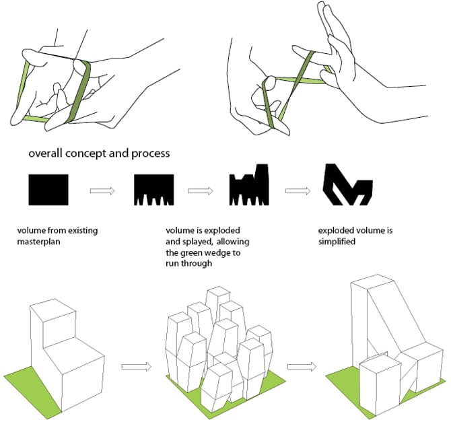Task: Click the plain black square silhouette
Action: (x=48, y=190)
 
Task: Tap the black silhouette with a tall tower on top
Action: (x=249, y=186)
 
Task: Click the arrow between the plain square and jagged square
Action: (x=102, y=190)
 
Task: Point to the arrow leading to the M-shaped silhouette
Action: (x=298, y=190)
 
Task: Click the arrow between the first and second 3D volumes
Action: (x=137, y=367)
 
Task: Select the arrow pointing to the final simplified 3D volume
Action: (x=302, y=367)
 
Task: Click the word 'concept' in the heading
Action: (x=86, y=153)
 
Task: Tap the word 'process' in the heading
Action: (x=150, y=153)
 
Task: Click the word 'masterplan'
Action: (x=38, y=242)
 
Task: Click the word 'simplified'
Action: (x=337, y=242)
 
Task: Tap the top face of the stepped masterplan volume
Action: (x=53, y=310)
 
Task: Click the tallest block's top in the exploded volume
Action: (x=218, y=291)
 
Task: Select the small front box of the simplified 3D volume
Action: (x=380, y=386)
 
